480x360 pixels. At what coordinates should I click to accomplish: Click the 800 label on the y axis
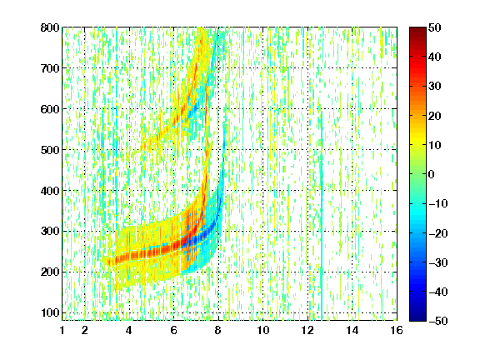(x=50, y=27)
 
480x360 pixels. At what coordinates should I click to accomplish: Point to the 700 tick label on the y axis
(x=50, y=68)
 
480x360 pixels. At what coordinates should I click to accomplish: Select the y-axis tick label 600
(x=50, y=109)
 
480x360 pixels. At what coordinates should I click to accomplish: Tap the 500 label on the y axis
(x=50, y=150)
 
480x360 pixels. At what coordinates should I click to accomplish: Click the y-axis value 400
(x=50, y=191)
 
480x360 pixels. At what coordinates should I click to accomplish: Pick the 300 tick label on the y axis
(x=50, y=231)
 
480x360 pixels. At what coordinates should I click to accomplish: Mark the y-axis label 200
(x=50, y=272)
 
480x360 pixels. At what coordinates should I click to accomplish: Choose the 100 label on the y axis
(x=50, y=312)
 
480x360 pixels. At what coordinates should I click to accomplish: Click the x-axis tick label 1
(x=62, y=330)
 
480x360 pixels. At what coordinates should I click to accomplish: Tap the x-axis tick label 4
(x=129, y=330)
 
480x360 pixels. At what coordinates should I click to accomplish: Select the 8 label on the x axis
(x=218, y=330)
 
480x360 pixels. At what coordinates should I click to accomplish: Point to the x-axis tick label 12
(x=307, y=330)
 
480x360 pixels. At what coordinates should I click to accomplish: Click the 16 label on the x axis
(x=397, y=330)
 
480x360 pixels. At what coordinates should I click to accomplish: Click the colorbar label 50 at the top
(x=435, y=27)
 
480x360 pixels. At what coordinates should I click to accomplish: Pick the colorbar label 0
(x=432, y=174)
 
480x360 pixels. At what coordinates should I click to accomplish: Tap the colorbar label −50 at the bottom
(x=438, y=321)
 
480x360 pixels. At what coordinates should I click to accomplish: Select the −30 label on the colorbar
(x=438, y=262)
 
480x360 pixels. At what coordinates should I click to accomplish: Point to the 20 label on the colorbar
(x=435, y=116)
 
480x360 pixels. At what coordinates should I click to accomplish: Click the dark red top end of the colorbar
(x=417, y=29)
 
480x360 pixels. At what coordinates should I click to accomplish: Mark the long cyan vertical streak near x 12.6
(x=322, y=214)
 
